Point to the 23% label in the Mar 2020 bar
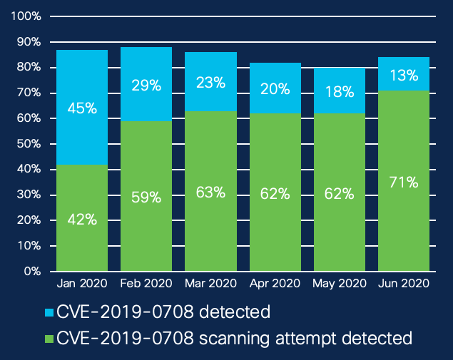211,83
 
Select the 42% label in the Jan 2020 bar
82,220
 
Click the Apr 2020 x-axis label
275,283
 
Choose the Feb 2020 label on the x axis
146,283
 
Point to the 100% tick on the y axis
27,16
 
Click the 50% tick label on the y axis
29,144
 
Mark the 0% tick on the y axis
33,272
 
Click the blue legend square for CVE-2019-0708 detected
49,312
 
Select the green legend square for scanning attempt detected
49,337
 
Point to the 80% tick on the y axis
29,68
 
